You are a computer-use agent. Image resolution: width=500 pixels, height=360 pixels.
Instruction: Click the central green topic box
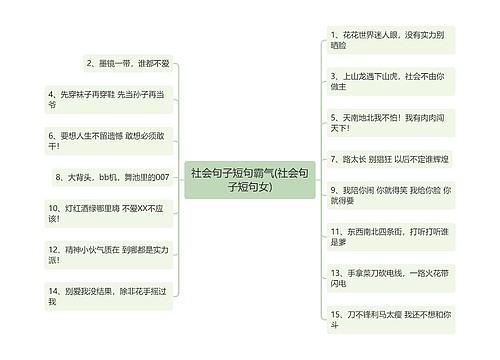tap(250, 179)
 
